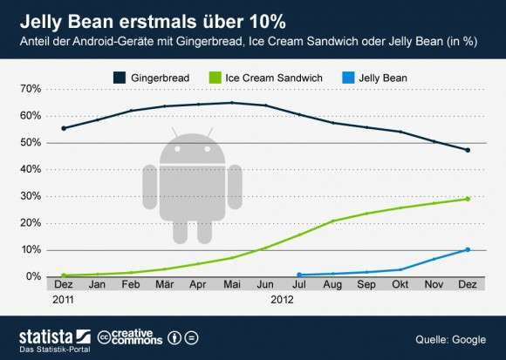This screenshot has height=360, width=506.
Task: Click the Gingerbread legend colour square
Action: (x=120, y=78)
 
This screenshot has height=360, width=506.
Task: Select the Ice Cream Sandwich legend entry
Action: (x=265, y=78)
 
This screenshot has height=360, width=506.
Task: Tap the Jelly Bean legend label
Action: (x=383, y=78)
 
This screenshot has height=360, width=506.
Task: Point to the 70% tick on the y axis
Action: (x=31, y=89)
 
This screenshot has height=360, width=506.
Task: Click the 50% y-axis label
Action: (x=31, y=142)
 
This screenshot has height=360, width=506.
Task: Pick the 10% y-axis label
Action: (x=31, y=250)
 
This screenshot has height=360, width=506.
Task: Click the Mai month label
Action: (x=232, y=284)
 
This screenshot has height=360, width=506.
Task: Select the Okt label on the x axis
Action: (x=400, y=284)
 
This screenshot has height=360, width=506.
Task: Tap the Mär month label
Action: (x=165, y=284)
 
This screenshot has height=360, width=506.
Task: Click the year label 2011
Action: (x=63, y=300)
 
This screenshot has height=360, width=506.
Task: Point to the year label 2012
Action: (x=282, y=300)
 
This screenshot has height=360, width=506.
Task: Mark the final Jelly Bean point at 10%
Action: (x=468, y=249)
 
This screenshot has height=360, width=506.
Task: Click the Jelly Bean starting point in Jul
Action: (x=299, y=275)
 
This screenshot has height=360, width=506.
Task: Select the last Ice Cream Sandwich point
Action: (x=468, y=199)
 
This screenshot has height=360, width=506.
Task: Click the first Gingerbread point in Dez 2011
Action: (x=64, y=128)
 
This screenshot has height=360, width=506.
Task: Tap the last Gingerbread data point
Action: (x=468, y=150)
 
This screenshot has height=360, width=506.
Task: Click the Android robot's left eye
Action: (x=177, y=149)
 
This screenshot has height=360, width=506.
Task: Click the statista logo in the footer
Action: (x=55, y=337)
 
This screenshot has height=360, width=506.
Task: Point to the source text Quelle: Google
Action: (x=450, y=340)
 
